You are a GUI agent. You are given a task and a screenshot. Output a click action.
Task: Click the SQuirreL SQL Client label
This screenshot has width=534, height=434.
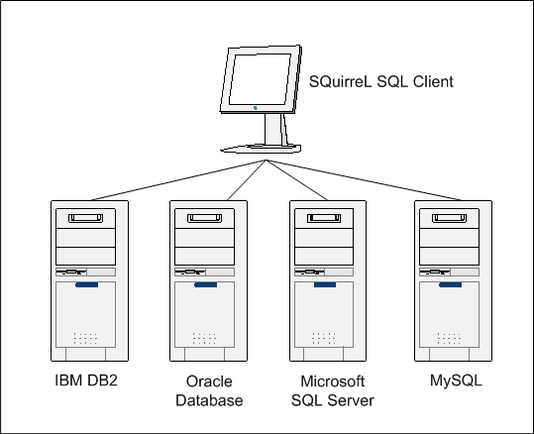click(x=380, y=82)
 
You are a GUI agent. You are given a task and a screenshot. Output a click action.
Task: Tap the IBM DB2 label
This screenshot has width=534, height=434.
click(x=84, y=380)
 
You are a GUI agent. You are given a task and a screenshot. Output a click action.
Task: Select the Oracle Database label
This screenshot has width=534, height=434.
click(x=208, y=390)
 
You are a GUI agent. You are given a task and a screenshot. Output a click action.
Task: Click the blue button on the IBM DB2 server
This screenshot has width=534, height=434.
click(x=84, y=287)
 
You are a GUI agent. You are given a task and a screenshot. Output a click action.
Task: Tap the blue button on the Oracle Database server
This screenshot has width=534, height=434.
click(x=206, y=287)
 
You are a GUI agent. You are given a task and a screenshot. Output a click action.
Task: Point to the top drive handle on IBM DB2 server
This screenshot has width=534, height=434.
click(x=84, y=216)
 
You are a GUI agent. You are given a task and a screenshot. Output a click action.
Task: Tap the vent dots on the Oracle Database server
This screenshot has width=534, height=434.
click(x=206, y=338)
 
